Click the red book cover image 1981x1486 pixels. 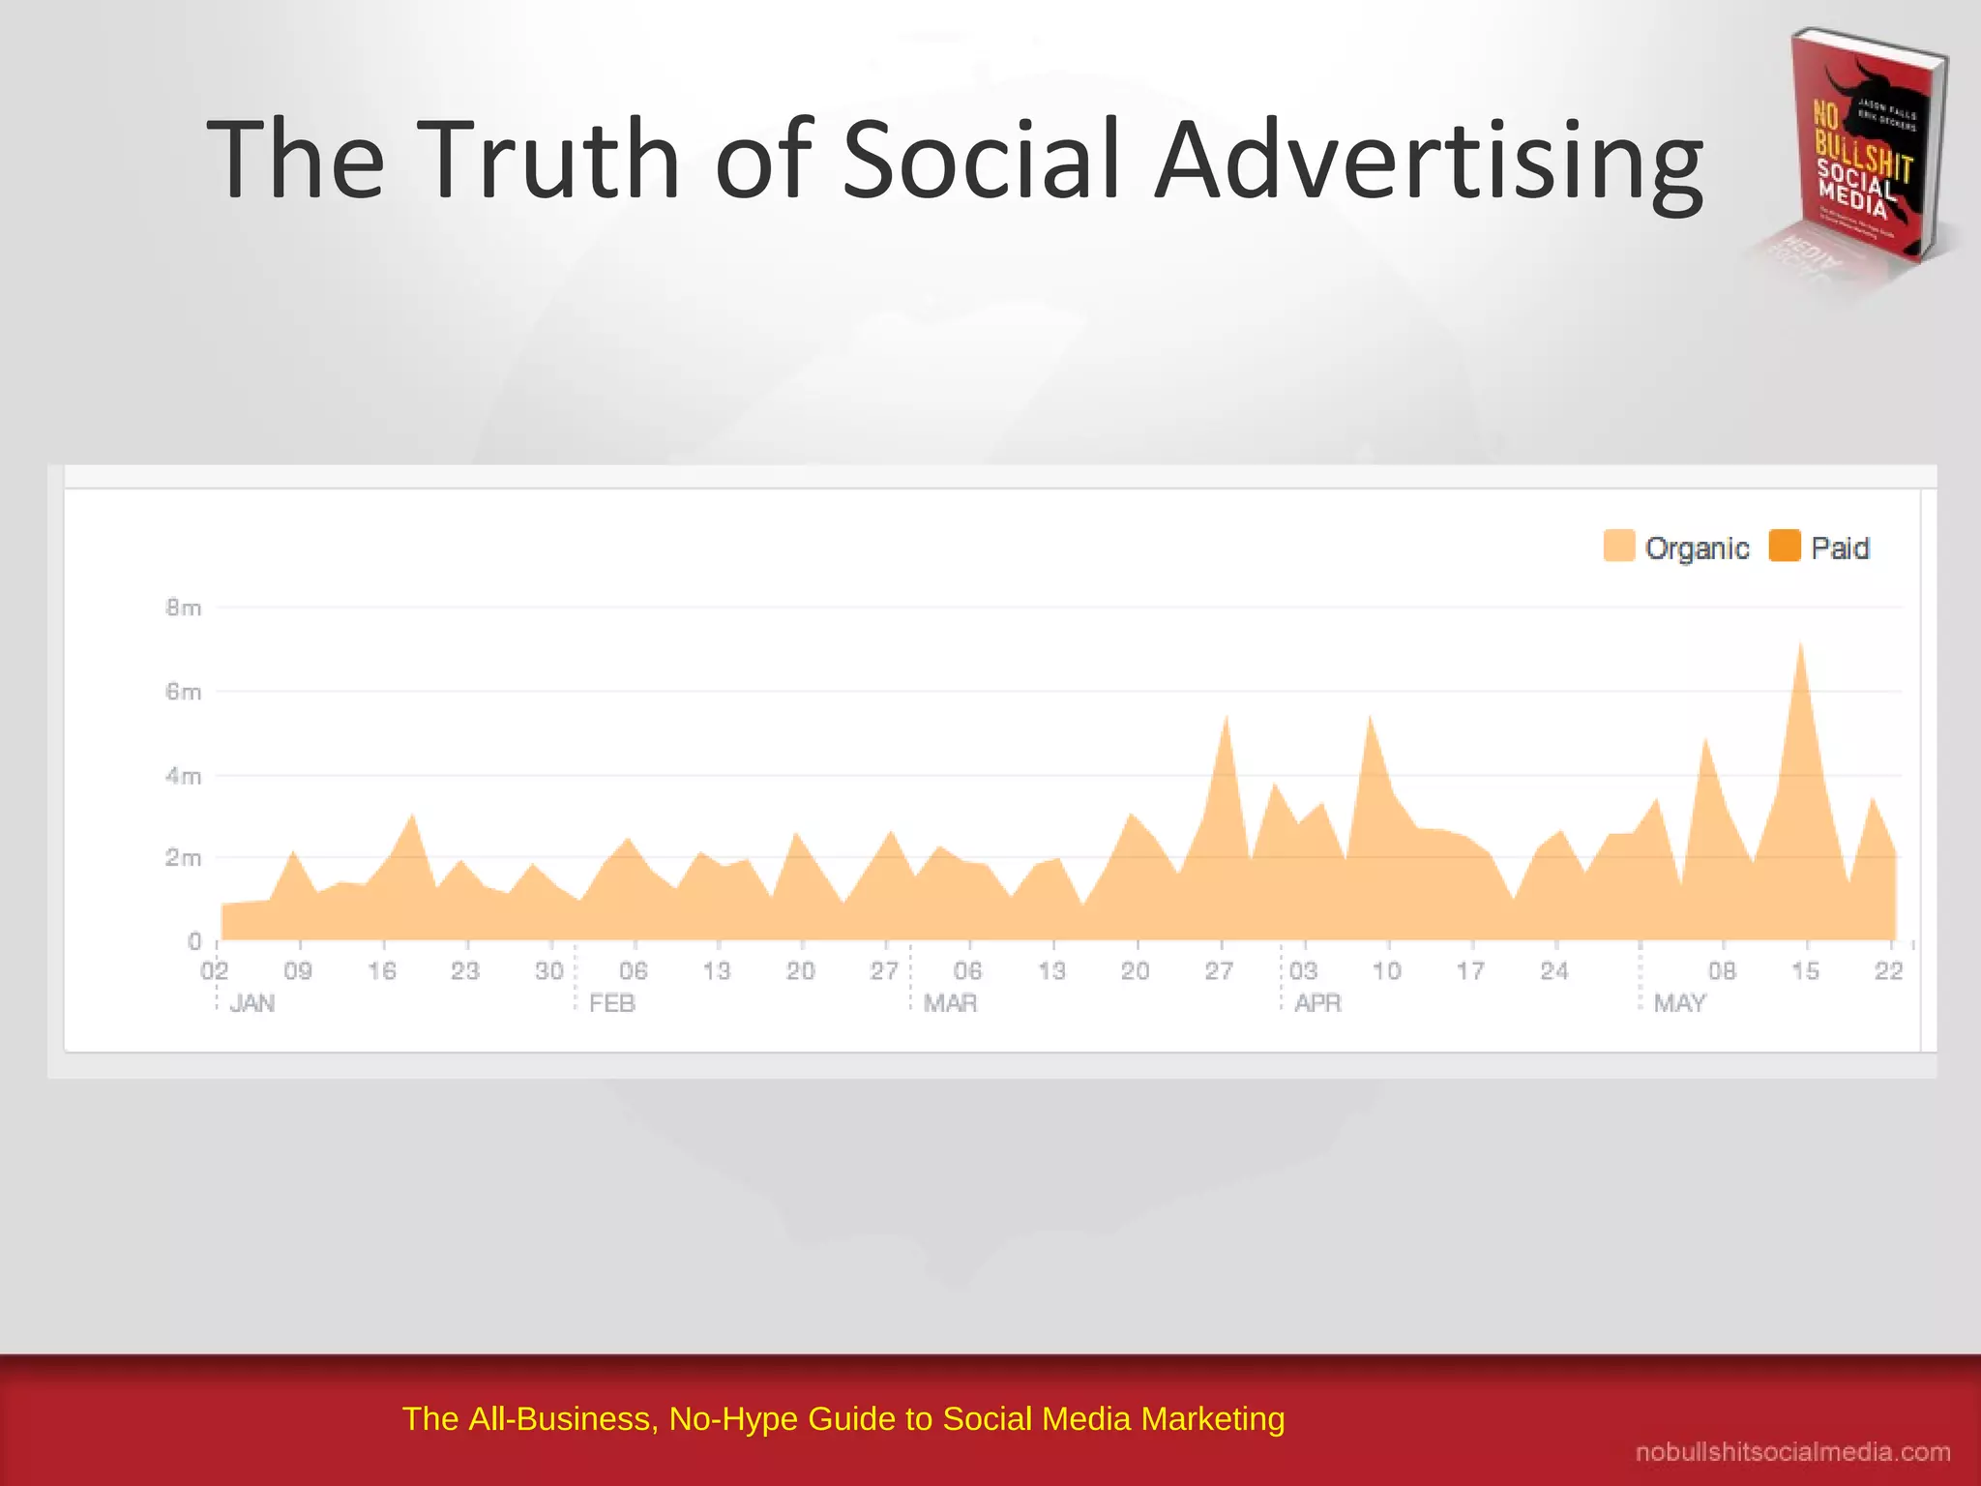pyautogui.click(x=1862, y=150)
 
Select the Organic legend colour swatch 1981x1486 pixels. pyautogui.click(x=1618, y=546)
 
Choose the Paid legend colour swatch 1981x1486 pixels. pyautogui.click(x=1784, y=546)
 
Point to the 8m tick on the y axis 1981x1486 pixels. pyautogui.click(x=183, y=608)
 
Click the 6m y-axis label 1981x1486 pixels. pyautogui.click(x=183, y=692)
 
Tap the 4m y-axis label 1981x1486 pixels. pyautogui.click(x=183, y=776)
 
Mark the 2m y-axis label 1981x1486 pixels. pyautogui.click(x=183, y=858)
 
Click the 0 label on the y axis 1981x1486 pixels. pyautogui.click(x=194, y=941)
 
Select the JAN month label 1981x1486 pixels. pyautogui.click(x=252, y=1003)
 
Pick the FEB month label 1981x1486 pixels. pyautogui.click(x=611, y=1003)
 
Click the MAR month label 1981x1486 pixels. pyautogui.click(x=950, y=1003)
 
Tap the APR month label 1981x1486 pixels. pyautogui.click(x=1317, y=1003)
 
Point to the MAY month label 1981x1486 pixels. pyautogui.click(x=1679, y=1003)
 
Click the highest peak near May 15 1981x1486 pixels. pyautogui.click(x=1800, y=646)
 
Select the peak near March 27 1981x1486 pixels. pyautogui.click(x=1226, y=719)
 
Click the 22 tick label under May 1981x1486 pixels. pyautogui.click(x=1888, y=970)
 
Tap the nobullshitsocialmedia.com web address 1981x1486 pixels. pyautogui.click(x=1792, y=1452)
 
